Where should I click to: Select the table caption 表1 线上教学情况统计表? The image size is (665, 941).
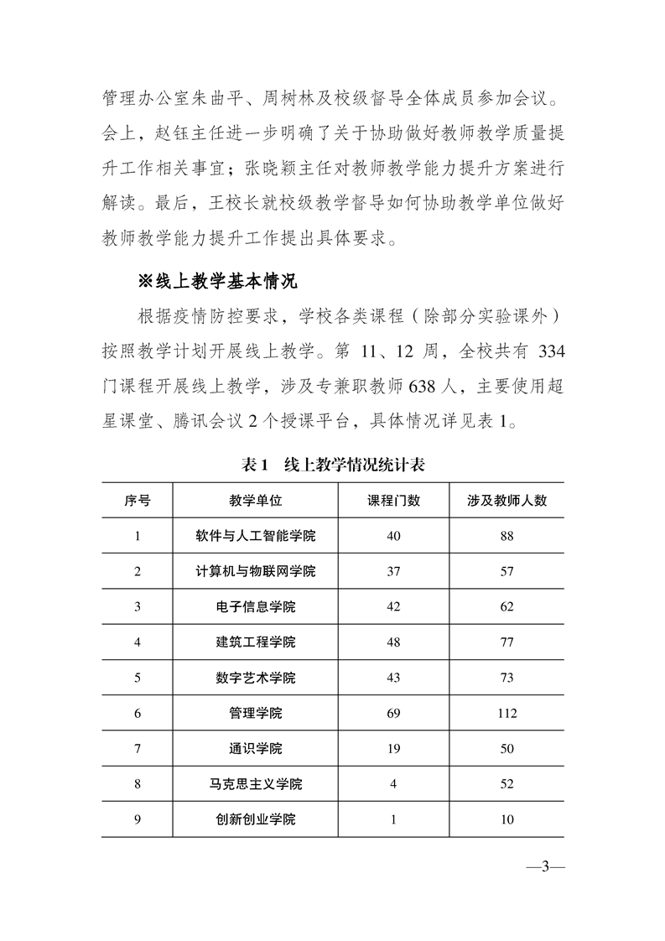click(x=333, y=463)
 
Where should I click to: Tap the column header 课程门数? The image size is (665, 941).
click(x=393, y=500)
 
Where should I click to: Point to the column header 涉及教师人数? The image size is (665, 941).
click(x=507, y=500)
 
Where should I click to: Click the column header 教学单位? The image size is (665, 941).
click(x=255, y=500)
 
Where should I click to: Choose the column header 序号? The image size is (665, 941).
click(x=138, y=500)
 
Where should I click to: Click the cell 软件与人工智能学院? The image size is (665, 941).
click(x=255, y=536)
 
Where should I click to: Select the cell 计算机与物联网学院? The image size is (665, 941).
click(x=255, y=571)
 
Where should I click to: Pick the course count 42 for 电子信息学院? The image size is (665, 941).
click(x=393, y=606)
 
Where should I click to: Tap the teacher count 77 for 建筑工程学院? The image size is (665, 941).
click(x=507, y=642)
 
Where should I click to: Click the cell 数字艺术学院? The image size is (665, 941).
click(x=255, y=678)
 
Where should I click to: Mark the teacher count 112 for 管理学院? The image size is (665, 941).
click(x=507, y=714)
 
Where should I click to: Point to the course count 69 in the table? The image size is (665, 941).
click(x=393, y=714)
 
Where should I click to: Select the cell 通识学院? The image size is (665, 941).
click(x=255, y=749)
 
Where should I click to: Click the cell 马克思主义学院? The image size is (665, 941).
click(x=255, y=784)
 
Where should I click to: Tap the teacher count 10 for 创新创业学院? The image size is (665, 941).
click(x=507, y=819)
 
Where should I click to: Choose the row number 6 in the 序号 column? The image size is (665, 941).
click(x=138, y=714)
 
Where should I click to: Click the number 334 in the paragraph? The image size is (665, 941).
click(x=549, y=351)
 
